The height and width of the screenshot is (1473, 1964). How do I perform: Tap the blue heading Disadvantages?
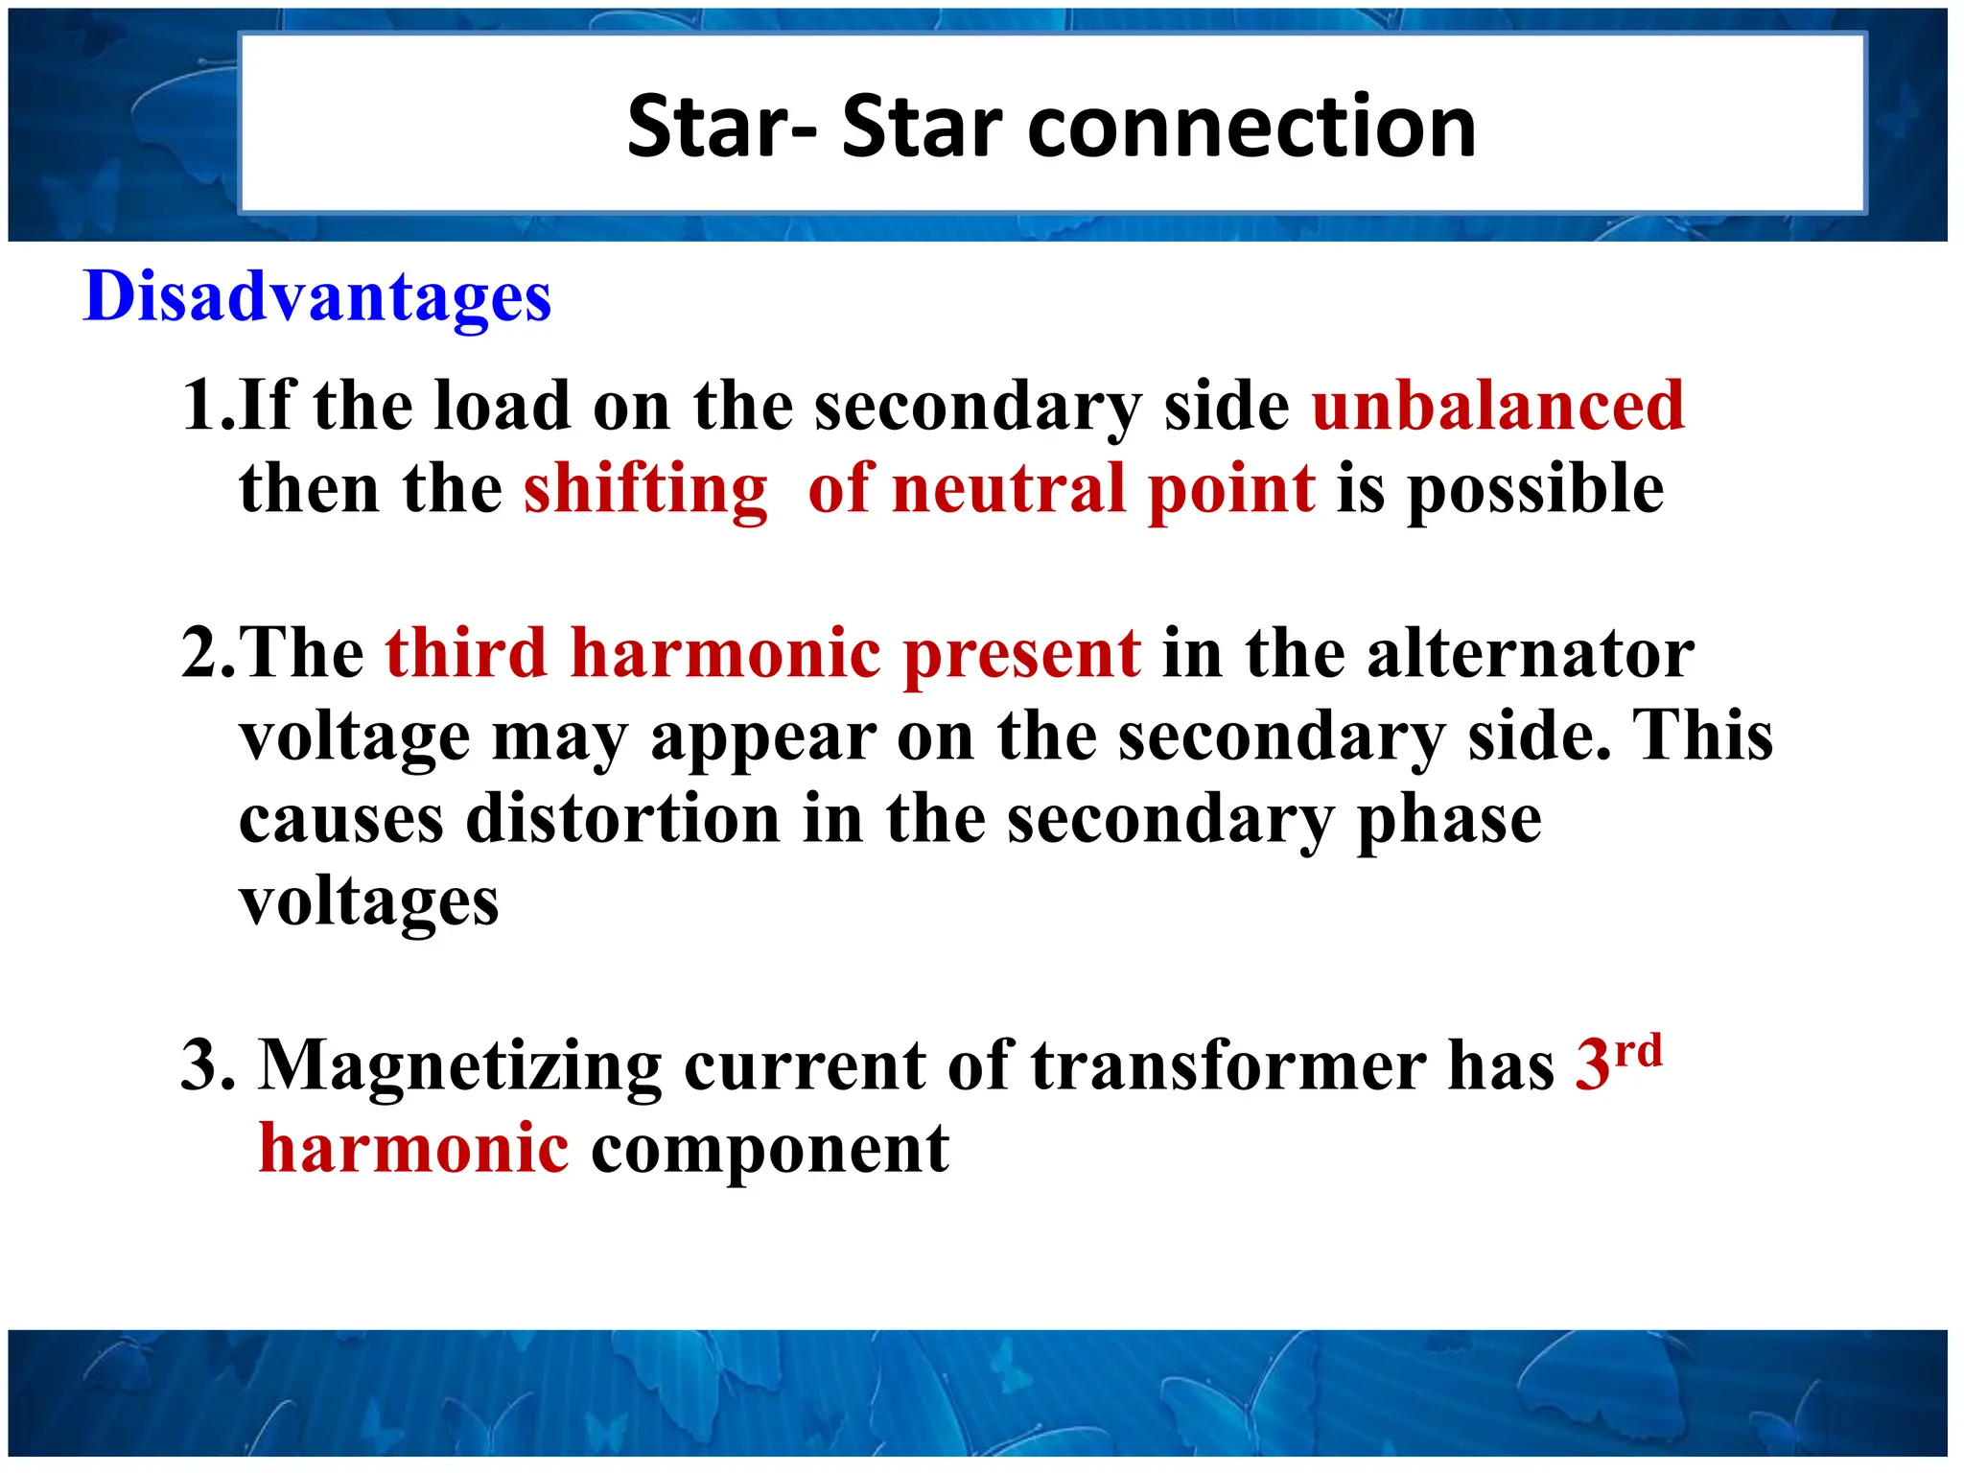(x=317, y=297)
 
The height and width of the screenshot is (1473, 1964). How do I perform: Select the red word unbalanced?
(x=1497, y=406)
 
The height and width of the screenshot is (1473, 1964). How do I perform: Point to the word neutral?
(x=1007, y=489)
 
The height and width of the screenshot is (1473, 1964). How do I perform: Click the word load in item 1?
(x=502, y=406)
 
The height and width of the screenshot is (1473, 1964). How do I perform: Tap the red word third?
(x=466, y=654)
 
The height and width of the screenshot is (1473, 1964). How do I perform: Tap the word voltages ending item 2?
(x=369, y=904)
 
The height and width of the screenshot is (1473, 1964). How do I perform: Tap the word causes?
(x=341, y=822)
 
